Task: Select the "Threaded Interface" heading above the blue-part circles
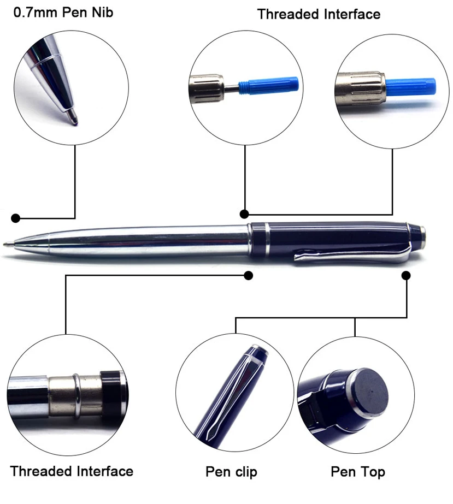(319, 14)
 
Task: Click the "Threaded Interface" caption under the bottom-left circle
(72, 471)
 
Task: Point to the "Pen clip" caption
(231, 471)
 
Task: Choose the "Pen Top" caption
(358, 471)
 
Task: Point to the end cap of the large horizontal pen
(421, 235)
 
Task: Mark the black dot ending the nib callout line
(16, 218)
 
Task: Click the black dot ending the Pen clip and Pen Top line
(406, 276)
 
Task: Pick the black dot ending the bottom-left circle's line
(249, 276)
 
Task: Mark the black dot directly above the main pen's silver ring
(245, 214)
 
